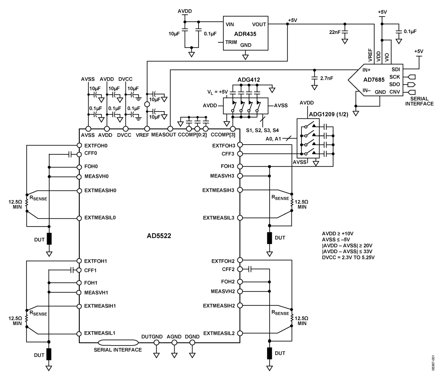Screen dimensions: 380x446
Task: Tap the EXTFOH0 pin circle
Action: click(x=79, y=145)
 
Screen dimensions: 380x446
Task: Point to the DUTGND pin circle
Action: click(x=156, y=343)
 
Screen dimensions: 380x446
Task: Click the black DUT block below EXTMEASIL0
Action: click(x=49, y=238)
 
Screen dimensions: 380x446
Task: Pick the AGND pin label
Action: click(x=174, y=336)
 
